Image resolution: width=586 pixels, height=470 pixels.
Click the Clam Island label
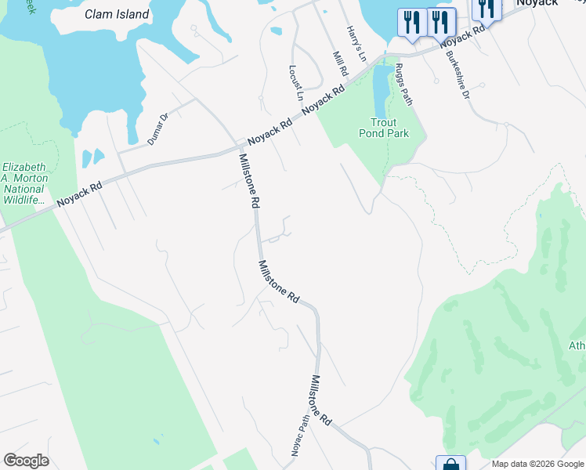[117, 14]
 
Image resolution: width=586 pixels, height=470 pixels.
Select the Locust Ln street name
[296, 84]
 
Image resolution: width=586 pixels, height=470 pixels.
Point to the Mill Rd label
[340, 63]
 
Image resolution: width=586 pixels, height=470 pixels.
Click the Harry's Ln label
[356, 44]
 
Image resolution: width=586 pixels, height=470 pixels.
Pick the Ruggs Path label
[403, 84]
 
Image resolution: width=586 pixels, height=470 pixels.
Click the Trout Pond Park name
[389, 128]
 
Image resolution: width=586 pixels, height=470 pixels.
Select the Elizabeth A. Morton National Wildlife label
[24, 184]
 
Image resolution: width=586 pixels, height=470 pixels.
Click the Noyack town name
[537, 3]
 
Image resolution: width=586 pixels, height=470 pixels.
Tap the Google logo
[26, 461]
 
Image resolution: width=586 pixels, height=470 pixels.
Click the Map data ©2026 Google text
[538, 464]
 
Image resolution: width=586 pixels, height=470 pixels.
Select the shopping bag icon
[451, 465]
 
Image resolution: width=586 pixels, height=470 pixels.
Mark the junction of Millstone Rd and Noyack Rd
[240, 147]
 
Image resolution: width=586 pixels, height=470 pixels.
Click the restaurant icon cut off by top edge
[487, 8]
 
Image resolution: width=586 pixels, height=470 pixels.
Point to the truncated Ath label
[577, 345]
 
